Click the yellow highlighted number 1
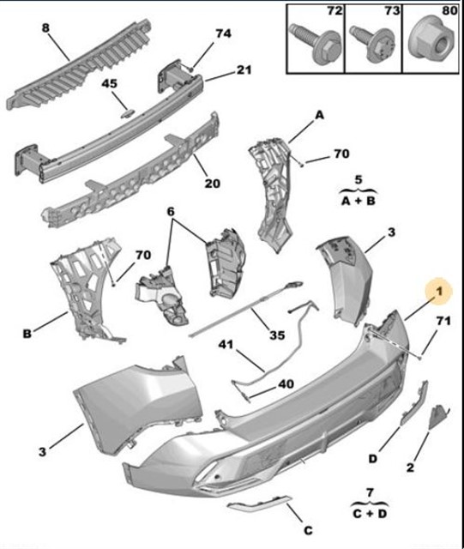(438, 293)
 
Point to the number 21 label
(244, 69)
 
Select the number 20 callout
(212, 182)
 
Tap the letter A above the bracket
(320, 114)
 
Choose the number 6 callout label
(170, 211)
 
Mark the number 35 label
(276, 335)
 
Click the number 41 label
(225, 346)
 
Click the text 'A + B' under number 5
(359, 200)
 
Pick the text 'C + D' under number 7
(370, 513)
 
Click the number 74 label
(223, 33)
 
